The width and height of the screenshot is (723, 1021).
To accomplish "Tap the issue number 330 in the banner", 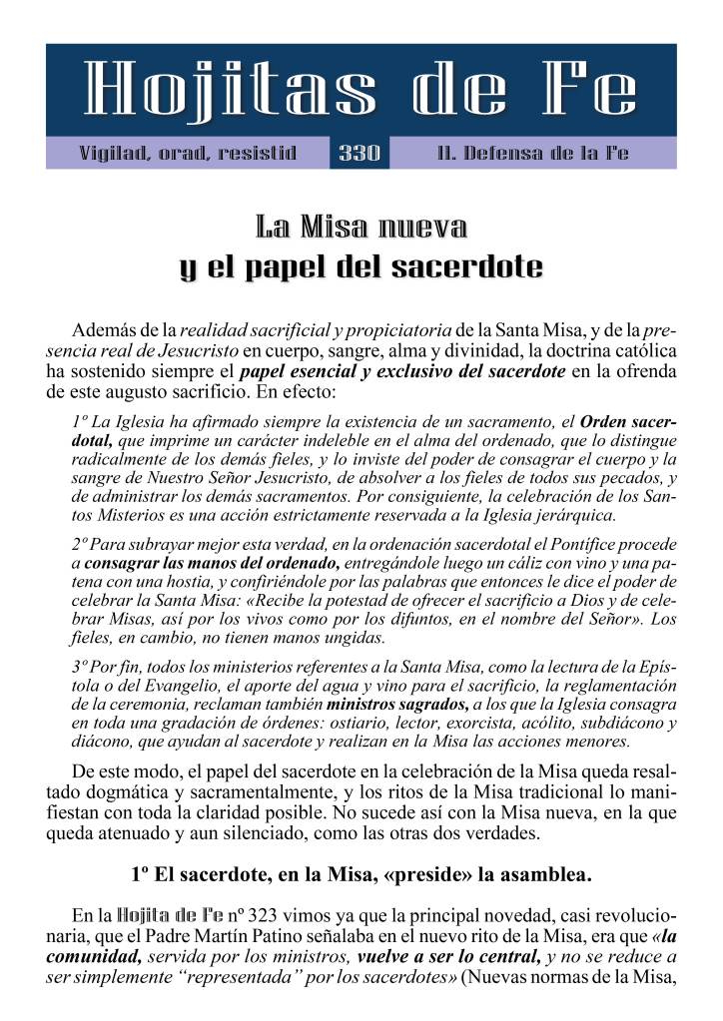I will [360, 154].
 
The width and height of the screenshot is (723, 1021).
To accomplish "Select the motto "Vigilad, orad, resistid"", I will [188, 154].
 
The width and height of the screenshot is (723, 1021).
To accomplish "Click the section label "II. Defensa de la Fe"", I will [533, 154].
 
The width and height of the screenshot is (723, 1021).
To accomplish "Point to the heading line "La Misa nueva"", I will [361, 228].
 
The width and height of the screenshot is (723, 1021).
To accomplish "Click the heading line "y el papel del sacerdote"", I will [361, 267].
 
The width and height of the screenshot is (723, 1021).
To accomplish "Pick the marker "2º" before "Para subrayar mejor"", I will [81, 545].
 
